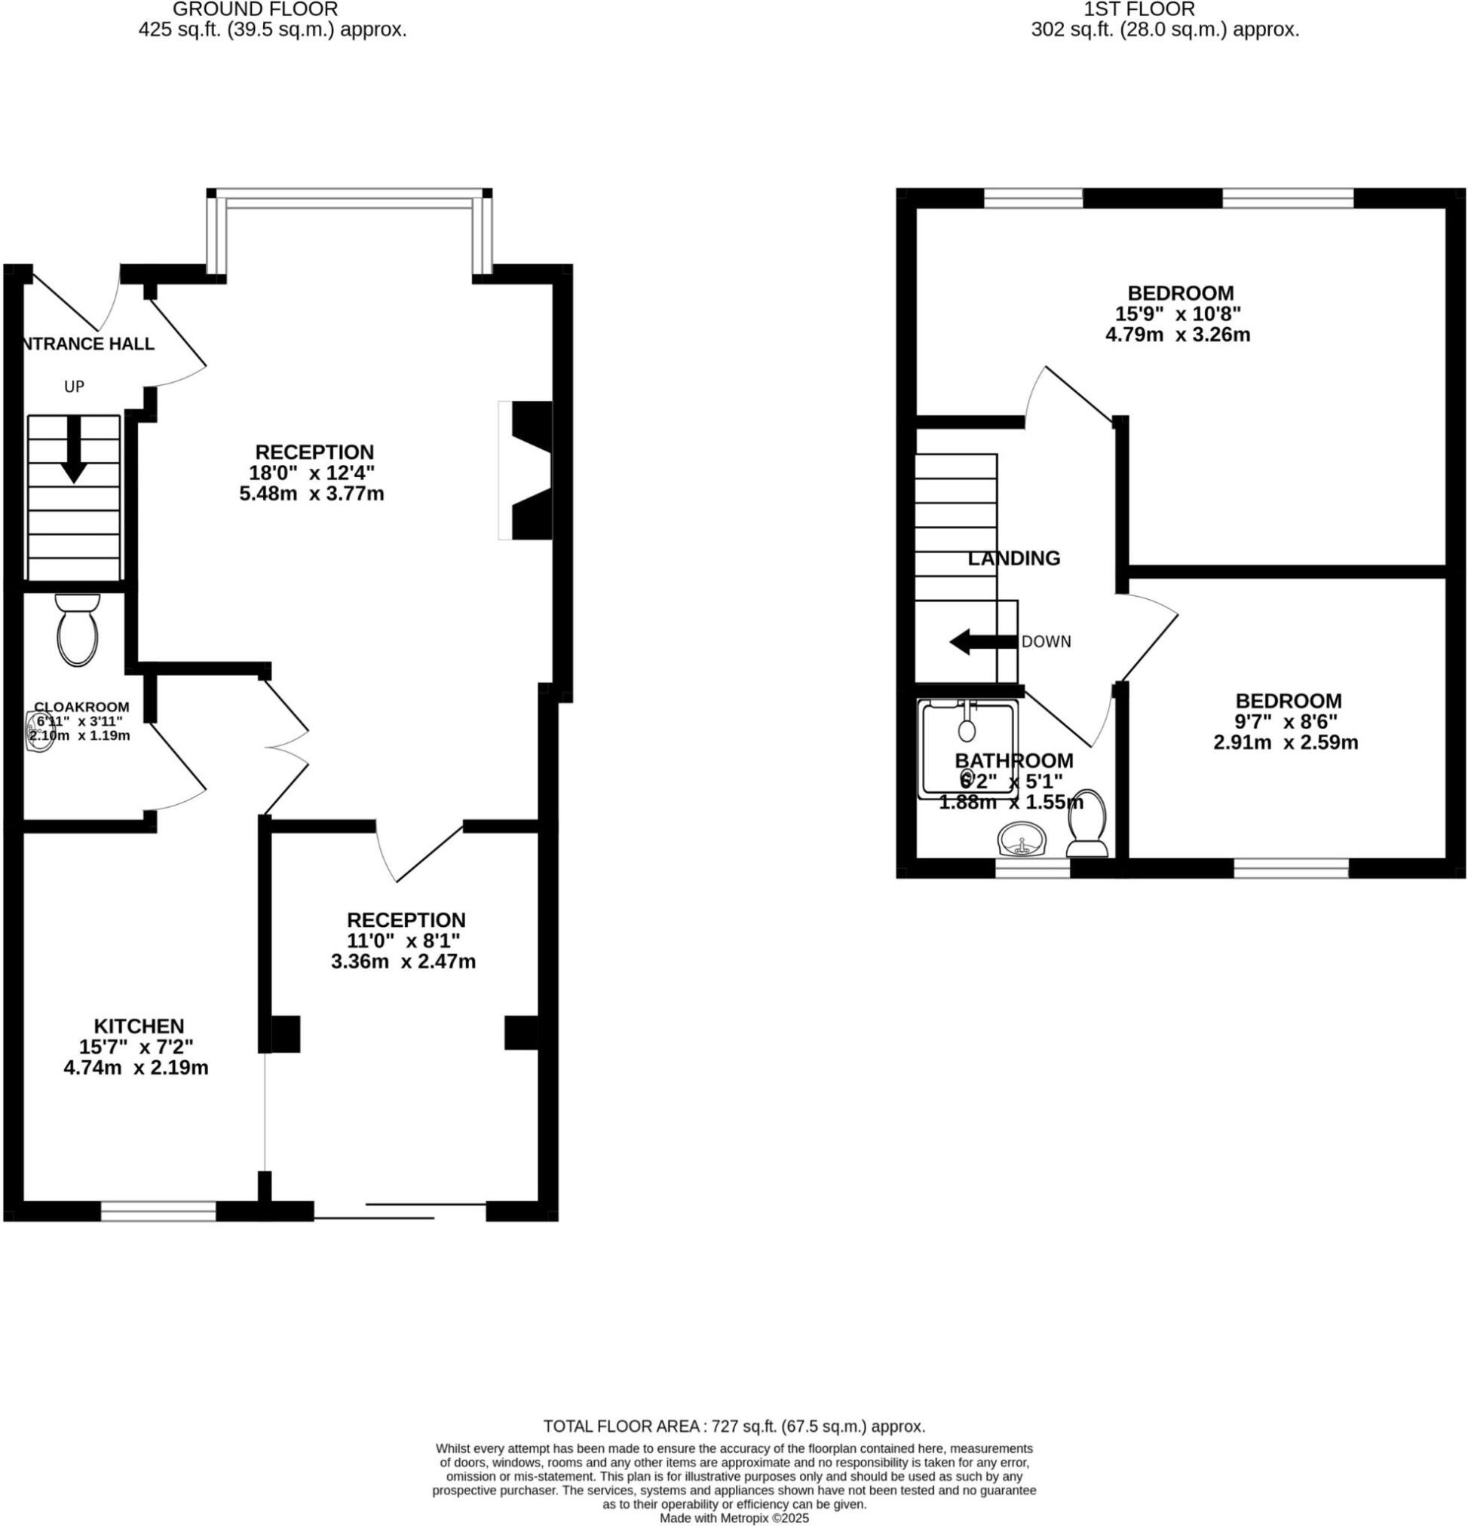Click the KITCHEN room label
(x=139, y=1026)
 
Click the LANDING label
(x=1013, y=558)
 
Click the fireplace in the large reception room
(x=526, y=470)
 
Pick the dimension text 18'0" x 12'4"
(x=311, y=472)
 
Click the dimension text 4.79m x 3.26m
(x=1178, y=335)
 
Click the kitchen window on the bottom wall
(x=158, y=1211)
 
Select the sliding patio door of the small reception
(x=400, y=1211)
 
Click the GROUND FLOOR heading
(x=256, y=10)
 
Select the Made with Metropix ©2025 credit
(x=734, y=1518)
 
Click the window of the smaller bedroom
(x=1291, y=868)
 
